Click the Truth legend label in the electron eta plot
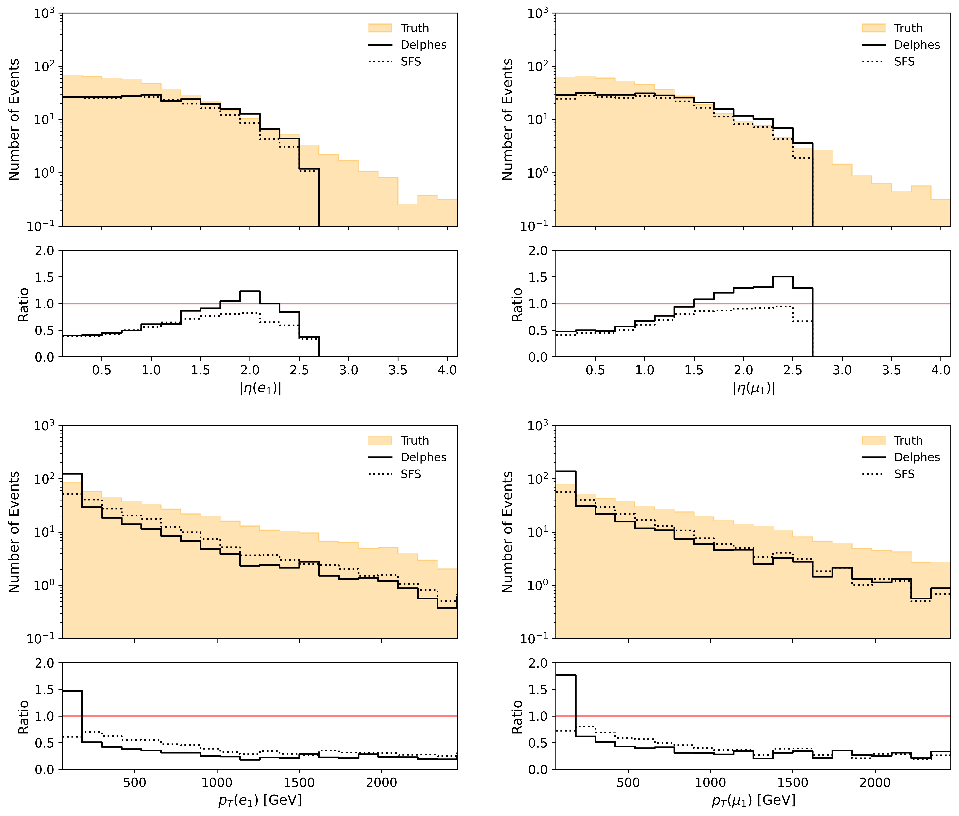[415, 28]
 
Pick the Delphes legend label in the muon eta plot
[917, 45]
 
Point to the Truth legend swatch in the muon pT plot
[873, 440]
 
